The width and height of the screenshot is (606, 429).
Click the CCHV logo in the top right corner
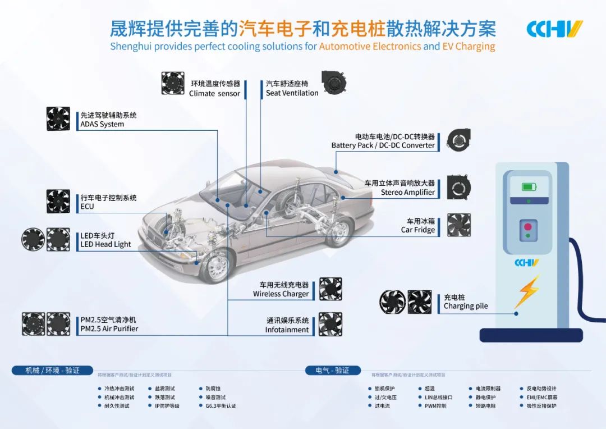[554, 29]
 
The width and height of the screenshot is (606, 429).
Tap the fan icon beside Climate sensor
[173, 83]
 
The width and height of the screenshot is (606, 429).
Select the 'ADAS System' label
[102, 124]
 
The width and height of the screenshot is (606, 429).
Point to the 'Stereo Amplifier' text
[408, 192]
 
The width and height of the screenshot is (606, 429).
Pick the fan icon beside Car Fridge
[458, 225]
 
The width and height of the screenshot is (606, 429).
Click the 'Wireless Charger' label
[281, 294]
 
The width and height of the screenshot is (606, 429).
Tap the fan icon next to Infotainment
[330, 324]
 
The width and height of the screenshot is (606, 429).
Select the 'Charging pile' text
[466, 306]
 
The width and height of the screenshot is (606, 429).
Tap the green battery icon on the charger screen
[528, 187]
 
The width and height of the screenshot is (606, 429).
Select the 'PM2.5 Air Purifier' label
[109, 328]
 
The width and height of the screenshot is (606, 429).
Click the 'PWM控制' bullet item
[435, 405]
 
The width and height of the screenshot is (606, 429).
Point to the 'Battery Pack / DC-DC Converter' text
[383, 145]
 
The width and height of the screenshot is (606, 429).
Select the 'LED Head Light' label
[105, 244]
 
